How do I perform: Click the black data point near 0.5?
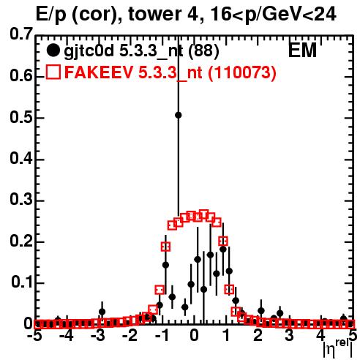179,115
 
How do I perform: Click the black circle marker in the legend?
53,50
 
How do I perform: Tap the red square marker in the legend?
53,72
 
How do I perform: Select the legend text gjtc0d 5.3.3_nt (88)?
141,52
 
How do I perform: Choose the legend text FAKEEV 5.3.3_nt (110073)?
170,72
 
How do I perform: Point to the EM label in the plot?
302,50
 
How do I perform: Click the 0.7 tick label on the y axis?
21,34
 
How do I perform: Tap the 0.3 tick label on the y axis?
21,199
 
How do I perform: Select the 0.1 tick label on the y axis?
21,282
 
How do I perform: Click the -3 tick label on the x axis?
98,336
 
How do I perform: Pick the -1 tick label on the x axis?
162,336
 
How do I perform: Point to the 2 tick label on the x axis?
258,336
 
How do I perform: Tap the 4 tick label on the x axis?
321,336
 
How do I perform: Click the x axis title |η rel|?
338,350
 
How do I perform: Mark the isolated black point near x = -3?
102,312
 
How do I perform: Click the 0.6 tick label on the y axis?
21,75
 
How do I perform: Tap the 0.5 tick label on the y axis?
21,116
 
